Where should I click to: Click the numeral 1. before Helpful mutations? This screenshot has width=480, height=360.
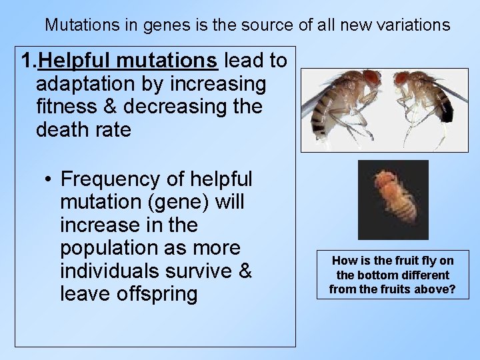[x=28, y=61]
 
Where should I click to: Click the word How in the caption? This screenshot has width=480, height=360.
[x=342, y=261]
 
